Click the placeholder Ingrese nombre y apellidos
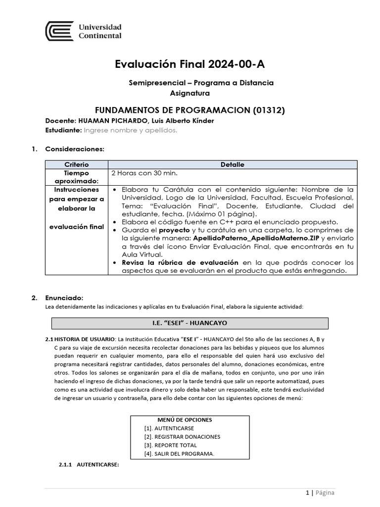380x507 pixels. pyautogui.click(x=130, y=130)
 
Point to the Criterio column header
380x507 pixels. pyautogui.click(x=76, y=164)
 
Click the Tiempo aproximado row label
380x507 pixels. pyautogui.click(x=76, y=177)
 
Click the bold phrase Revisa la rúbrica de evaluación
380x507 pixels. pyautogui.click(x=180, y=262)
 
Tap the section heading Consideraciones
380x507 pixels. pyautogui.click(x=74, y=149)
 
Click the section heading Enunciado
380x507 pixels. pyautogui.click(x=64, y=298)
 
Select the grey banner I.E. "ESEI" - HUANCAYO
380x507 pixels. pyautogui.click(x=190, y=323)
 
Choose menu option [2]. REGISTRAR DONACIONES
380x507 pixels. pyautogui.click(x=182, y=437)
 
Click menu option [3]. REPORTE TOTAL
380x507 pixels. pyautogui.click(x=170, y=445)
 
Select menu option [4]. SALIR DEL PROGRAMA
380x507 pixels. pyautogui.click(x=179, y=454)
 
